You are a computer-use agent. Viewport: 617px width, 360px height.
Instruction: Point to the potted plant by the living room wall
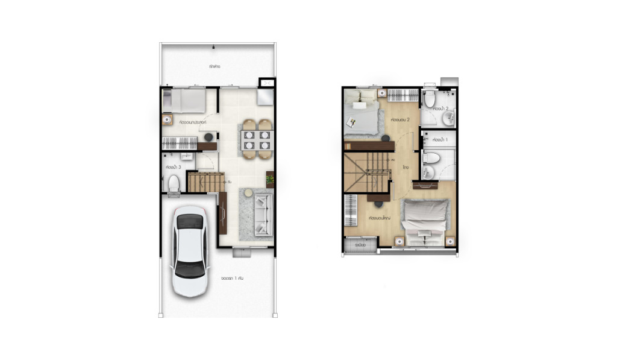tap(270, 179)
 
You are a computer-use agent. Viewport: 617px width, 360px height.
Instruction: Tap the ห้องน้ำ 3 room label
tap(174, 166)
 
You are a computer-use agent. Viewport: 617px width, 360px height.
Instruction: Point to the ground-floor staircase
tap(205, 182)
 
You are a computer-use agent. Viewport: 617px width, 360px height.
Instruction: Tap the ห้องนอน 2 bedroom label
tap(399, 119)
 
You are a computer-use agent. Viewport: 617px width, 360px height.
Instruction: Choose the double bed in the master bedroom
tap(425, 220)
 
